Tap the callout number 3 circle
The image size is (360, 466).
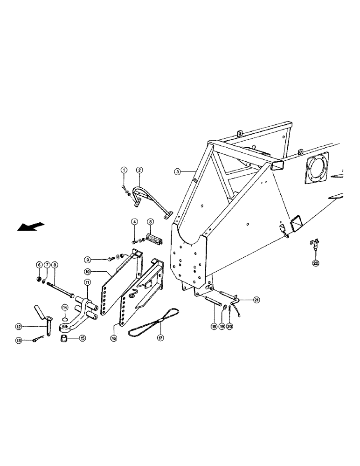(178, 171)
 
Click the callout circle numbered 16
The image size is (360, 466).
(114, 339)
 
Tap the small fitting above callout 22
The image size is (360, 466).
(313, 245)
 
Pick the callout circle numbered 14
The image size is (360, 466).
(65, 308)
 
